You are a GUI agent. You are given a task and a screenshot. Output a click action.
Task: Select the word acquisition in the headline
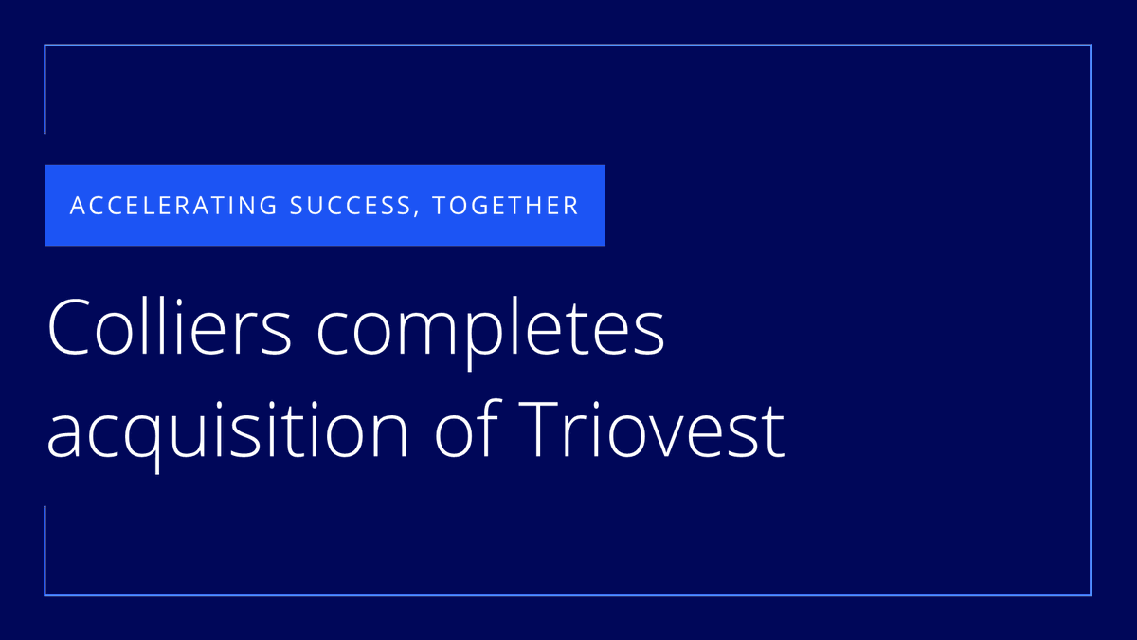(x=227, y=431)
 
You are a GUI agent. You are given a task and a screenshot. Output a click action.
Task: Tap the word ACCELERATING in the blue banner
(x=173, y=206)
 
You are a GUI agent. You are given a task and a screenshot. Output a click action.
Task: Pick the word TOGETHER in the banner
(x=506, y=206)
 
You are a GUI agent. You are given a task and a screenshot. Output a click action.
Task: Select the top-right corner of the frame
(x=1091, y=45)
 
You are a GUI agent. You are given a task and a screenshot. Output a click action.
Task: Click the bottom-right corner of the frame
(x=1091, y=595)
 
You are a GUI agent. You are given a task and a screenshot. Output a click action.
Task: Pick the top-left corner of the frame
(x=45, y=45)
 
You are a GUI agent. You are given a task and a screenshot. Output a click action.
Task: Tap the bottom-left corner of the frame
(x=45, y=595)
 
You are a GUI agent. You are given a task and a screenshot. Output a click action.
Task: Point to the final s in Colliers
(x=285, y=334)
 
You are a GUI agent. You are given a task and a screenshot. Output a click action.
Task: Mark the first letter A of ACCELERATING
(x=78, y=206)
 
